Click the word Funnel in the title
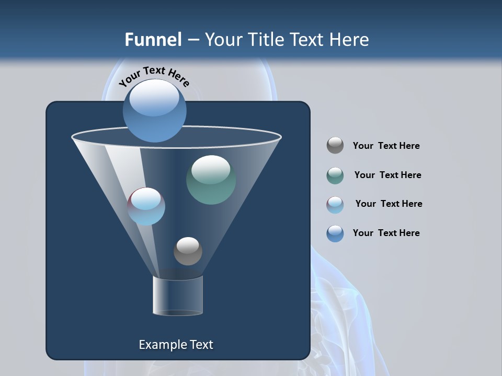(153, 40)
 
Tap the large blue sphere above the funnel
(154, 111)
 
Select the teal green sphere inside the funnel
(211, 180)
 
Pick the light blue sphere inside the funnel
(146, 207)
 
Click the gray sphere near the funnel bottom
(188, 251)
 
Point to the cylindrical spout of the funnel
(178, 296)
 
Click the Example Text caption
(176, 345)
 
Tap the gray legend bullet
(335, 146)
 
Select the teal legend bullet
(335, 175)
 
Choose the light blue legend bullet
(335, 205)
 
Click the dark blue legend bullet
(335, 233)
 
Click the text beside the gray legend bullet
(386, 146)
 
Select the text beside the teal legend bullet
(387, 175)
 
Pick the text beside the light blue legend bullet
(389, 204)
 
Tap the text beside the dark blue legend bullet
(386, 233)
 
